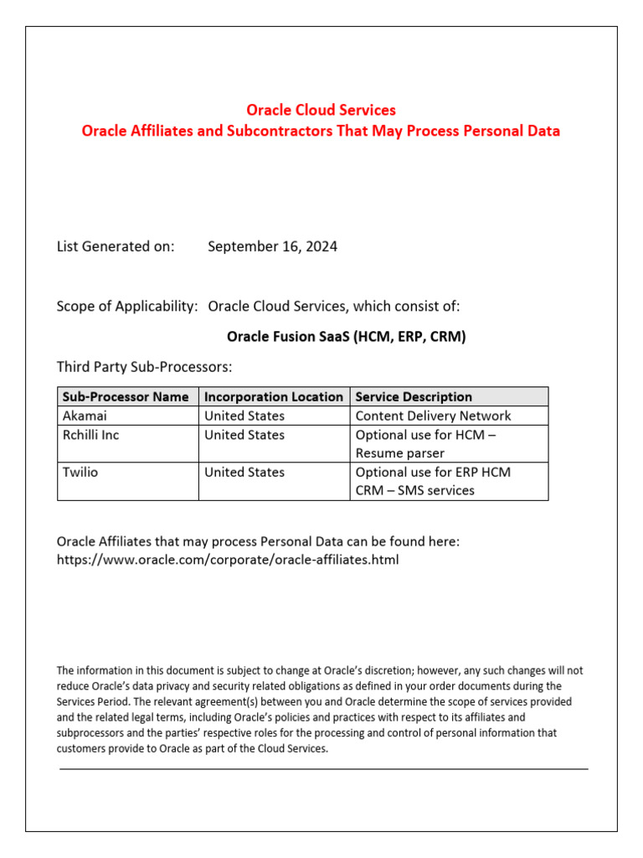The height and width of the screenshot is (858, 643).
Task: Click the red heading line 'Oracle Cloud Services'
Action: pos(321,110)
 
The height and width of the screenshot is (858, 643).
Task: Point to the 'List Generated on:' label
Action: pos(116,246)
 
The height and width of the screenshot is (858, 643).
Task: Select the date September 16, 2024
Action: pos(272,246)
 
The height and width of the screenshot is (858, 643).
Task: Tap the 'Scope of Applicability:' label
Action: pos(127,307)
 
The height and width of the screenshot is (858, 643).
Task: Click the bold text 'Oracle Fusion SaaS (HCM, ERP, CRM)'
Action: pos(346,337)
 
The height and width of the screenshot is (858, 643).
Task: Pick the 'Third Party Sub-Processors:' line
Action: pos(144,367)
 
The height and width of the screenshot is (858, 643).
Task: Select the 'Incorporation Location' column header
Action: pos(274,396)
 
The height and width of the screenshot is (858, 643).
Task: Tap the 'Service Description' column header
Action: pos(414,396)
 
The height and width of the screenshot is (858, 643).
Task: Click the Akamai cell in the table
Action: pos(85,416)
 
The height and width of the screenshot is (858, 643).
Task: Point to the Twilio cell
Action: pos(80,472)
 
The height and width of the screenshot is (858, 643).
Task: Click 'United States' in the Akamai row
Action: pos(244,416)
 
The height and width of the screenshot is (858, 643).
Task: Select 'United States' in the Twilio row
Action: pos(244,472)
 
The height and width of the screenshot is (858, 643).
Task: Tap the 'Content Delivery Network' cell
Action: pos(433,416)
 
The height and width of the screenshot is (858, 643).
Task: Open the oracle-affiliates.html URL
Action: pos(228,559)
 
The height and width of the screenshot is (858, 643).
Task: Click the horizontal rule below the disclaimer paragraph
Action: pos(323,768)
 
